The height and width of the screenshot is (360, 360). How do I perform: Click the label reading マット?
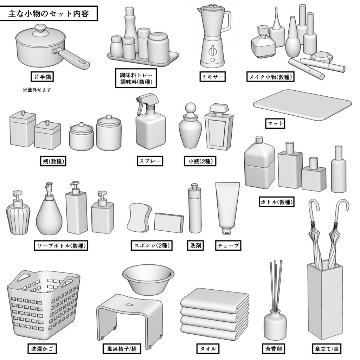[275, 124]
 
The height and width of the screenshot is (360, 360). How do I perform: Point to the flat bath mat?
[302, 105]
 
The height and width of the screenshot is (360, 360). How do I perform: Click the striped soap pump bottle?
[18, 218]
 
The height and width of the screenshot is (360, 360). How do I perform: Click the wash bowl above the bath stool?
[148, 279]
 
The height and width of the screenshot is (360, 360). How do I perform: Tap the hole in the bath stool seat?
[129, 305]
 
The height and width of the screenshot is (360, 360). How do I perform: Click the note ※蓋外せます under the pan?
[37, 90]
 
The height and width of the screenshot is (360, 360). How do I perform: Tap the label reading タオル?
[207, 349]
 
